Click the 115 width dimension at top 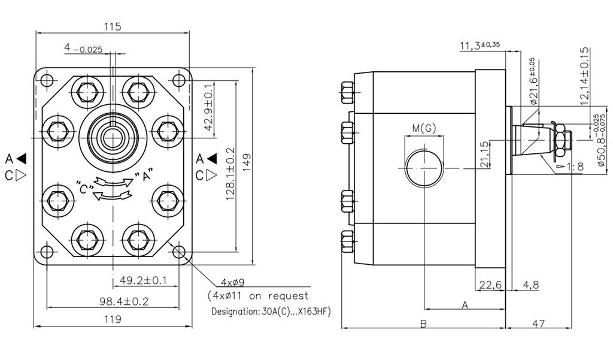point(113,26)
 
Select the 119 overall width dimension point(113,319)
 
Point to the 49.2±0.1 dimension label point(143,280)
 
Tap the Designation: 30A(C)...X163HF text point(271,312)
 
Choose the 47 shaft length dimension point(538,324)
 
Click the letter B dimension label point(423,324)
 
